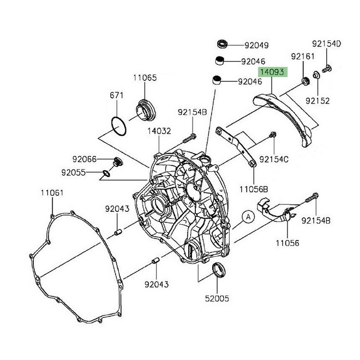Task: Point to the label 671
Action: pos(117,95)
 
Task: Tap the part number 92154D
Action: pos(326,43)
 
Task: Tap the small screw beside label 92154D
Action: pos(327,69)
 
